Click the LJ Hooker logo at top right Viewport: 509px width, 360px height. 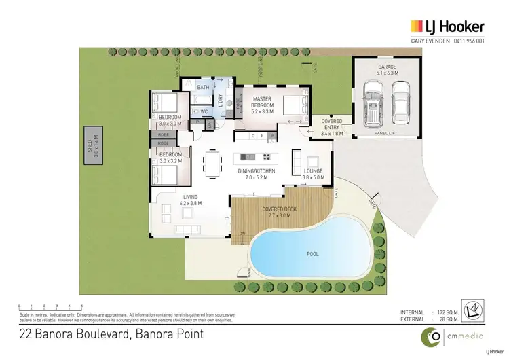click(447, 26)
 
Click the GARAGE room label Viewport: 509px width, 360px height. click(387, 67)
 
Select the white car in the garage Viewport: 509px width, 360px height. click(401, 102)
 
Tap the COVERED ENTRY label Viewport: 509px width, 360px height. click(331, 124)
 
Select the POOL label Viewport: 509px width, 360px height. click(312, 254)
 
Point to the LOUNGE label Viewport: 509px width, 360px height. click(312, 171)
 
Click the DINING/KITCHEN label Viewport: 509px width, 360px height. click(257, 173)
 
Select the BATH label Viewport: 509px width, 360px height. click(204, 88)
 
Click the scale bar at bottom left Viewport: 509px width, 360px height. click(50, 308)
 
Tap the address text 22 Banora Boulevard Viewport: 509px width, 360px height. click(75, 334)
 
